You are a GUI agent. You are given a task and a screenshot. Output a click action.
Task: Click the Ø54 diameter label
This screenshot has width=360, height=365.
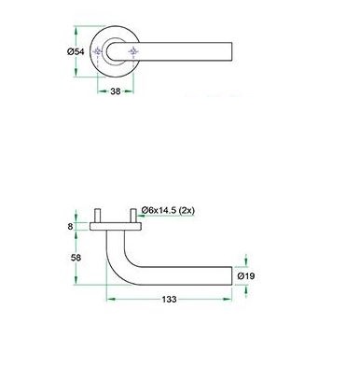[76, 51]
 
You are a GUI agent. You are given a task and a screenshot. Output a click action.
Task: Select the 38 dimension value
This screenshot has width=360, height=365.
[116, 91]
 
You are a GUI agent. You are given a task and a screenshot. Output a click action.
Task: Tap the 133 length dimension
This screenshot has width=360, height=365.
[169, 300]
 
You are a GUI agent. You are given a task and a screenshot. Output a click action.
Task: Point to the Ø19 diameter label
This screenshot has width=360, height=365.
[246, 275]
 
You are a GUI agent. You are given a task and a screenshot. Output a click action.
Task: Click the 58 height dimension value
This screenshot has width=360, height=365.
[76, 258]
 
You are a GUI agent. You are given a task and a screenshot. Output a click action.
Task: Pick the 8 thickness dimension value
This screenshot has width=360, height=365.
[70, 226]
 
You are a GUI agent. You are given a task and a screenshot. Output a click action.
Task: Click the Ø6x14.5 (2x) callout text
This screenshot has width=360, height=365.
[168, 211]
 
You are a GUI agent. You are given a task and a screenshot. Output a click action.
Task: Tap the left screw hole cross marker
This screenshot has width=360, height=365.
[98, 51]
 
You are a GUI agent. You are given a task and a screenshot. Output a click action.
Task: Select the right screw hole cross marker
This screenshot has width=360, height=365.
[133, 51]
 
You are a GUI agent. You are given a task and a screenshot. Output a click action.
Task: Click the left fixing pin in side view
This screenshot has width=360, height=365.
[98, 216]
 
